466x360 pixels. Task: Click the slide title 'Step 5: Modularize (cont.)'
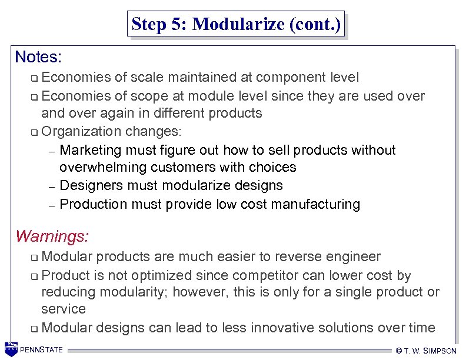236,25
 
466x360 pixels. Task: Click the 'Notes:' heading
39,57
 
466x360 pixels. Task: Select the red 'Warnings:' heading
52,236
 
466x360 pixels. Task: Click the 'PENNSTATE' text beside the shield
41,351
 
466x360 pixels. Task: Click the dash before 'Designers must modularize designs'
51,187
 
